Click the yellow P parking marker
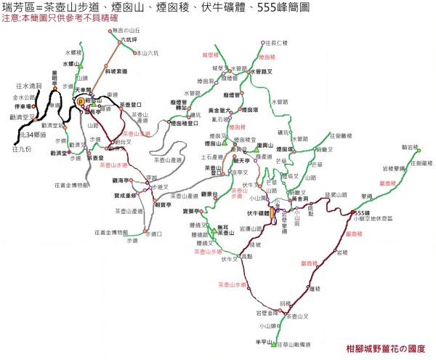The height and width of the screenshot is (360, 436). (x=82, y=102)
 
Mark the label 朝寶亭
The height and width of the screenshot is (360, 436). (x=163, y=205)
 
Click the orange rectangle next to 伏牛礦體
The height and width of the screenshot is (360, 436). (x=272, y=213)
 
